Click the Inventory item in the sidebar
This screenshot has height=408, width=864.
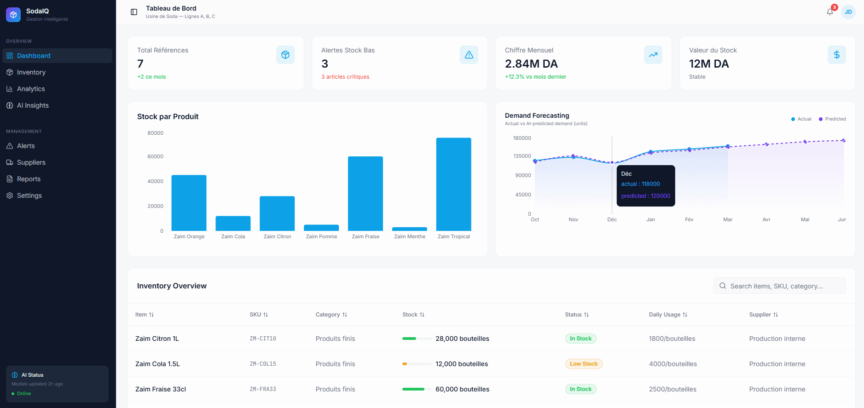pos(31,72)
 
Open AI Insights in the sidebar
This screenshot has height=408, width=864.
pos(32,105)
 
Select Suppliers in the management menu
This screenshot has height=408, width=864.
pos(31,162)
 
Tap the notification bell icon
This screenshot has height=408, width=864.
pos(829,12)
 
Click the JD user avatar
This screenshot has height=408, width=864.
pos(848,12)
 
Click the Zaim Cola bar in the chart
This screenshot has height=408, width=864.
pos(233,223)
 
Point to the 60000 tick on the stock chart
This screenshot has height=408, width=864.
pos(155,156)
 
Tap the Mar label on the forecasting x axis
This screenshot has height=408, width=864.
pos(727,219)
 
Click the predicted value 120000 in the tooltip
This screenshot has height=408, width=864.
pos(645,196)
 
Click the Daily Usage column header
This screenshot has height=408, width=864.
pos(667,315)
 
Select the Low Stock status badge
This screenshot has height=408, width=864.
pos(584,364)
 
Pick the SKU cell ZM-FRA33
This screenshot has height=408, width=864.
pos(263,389)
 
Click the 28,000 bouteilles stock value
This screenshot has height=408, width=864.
pos(462,339)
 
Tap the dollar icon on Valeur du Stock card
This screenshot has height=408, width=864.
pos(836,55)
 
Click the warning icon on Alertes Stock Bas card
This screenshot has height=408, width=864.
pos(469,55)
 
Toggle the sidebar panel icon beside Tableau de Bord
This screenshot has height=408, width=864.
pos(134,12)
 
